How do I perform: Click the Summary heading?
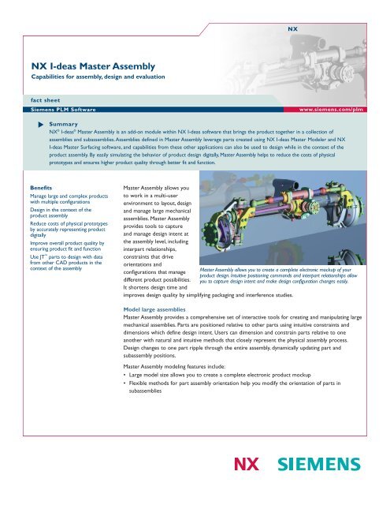point(62,125)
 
